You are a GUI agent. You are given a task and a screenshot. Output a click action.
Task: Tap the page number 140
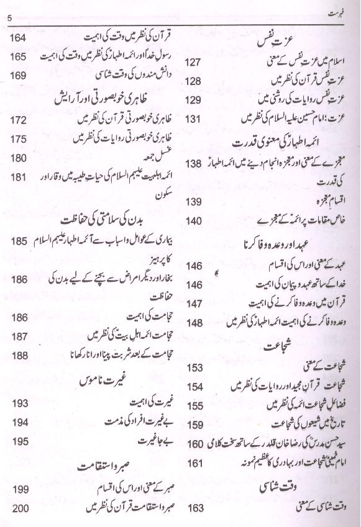[194, 220]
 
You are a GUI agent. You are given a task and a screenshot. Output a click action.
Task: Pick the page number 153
[194, 367]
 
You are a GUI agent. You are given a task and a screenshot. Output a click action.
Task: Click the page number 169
[18, 75]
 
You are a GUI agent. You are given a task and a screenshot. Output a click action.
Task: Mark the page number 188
[18, 355]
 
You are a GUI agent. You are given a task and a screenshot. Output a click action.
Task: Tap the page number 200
[19, 508]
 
